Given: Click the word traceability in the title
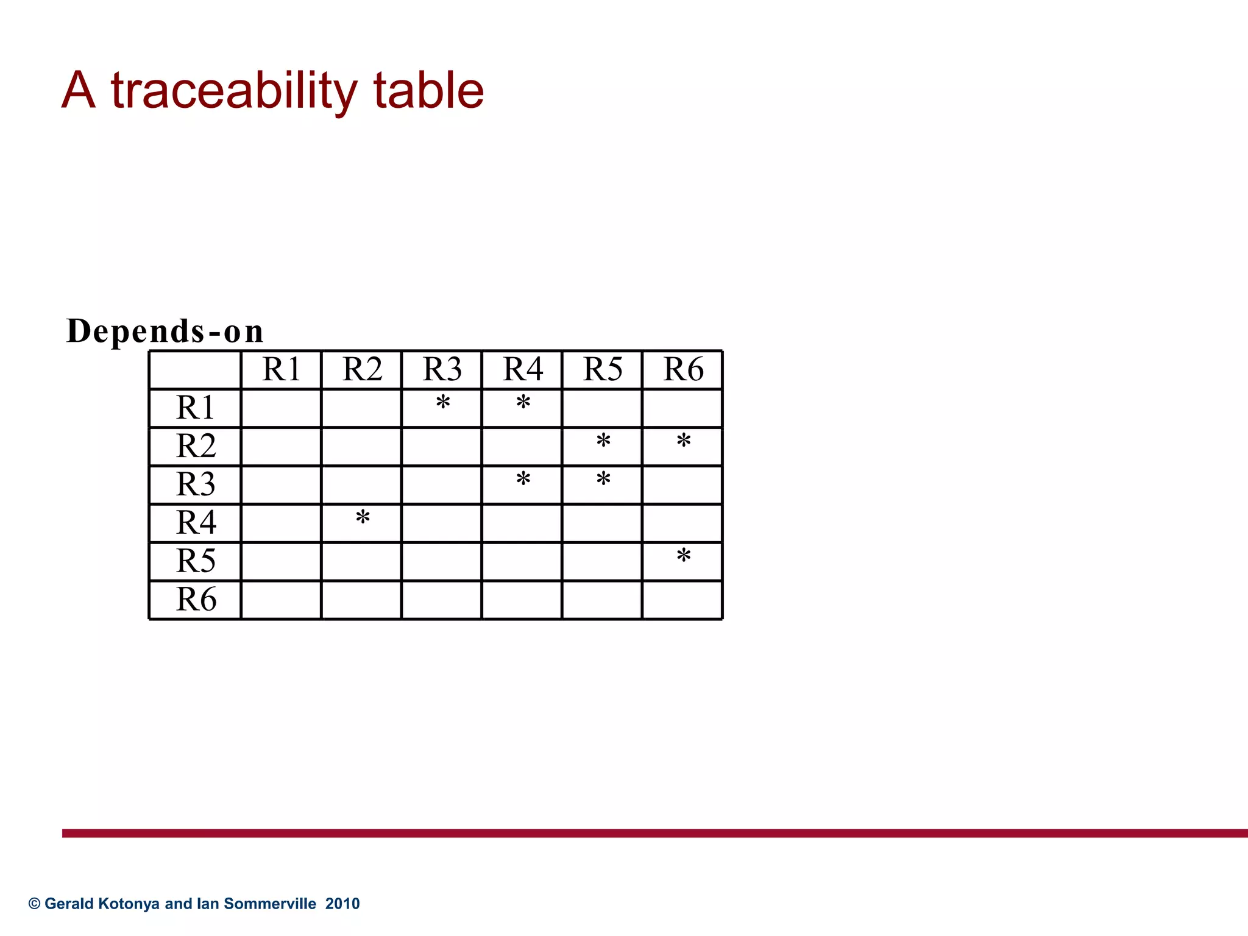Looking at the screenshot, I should click(x=234, y=91).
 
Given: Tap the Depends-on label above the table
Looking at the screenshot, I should click(x=165, y=331).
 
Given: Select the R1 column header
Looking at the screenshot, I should click(x=281, y=369).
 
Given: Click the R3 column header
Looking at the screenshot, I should click(x=442, y=369).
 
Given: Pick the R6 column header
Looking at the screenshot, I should click(x=682, y=369).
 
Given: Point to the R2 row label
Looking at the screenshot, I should click(x=196, y=446).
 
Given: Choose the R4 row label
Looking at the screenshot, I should click(x=196, y=522).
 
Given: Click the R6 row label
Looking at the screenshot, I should click(x=196, y=599).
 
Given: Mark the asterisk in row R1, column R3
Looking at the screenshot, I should click(x=443, y=403).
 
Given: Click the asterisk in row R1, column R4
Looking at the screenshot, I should click(x=523, y=403).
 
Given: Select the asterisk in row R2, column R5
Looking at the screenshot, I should click(x=603, y=441).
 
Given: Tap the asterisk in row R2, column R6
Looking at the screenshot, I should click(x=684, y=441).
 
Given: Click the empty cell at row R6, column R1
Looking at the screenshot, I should click(x=281, y=600).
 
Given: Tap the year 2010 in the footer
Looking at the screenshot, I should click(x=342, y=904).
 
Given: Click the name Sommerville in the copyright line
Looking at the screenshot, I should click(x=270, y=904).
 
